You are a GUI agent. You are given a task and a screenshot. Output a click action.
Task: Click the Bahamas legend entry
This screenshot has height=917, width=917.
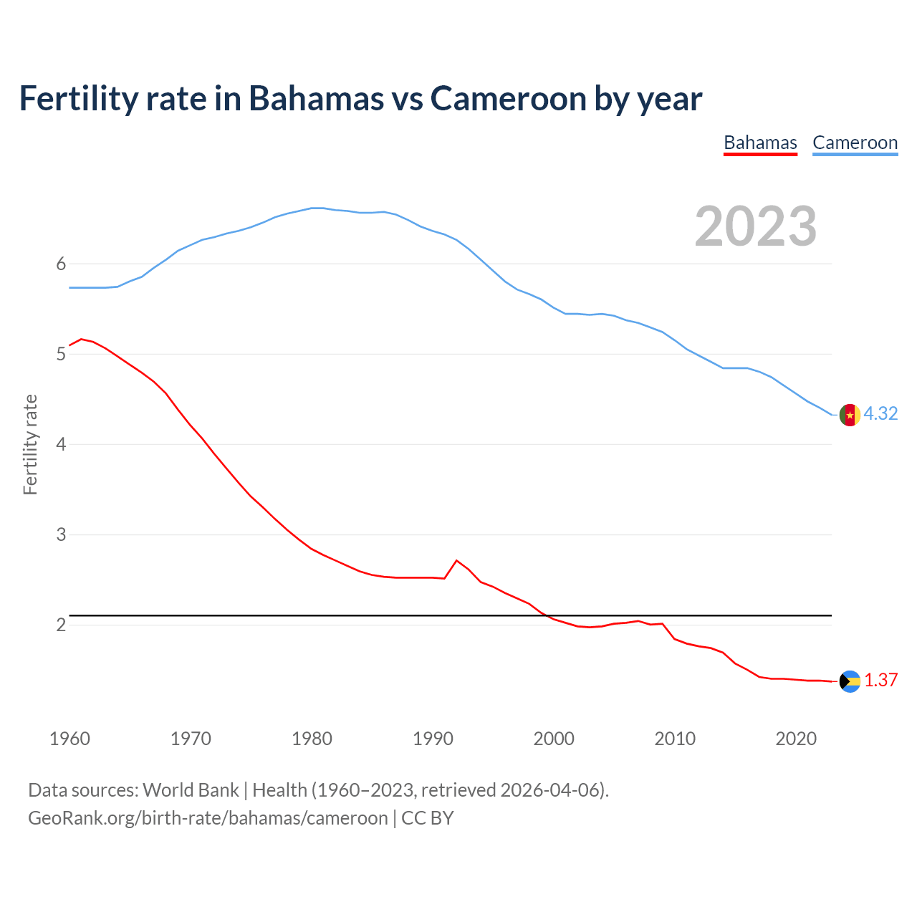[x=760, y=143]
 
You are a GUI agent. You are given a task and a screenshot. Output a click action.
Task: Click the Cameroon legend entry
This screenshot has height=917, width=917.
[x=855, y=143]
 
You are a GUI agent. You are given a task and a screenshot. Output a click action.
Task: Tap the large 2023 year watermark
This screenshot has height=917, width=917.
[x=756, y=226]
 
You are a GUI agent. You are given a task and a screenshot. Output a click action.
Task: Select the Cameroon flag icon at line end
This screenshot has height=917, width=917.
[x=850, y=415]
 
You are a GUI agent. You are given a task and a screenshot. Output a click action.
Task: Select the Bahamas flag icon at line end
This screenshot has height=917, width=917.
[x=850, y=681]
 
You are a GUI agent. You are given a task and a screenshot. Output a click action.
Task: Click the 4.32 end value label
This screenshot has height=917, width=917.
[x=880, y=414]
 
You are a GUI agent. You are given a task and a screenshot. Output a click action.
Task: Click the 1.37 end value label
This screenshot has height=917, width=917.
[x=880, y=681]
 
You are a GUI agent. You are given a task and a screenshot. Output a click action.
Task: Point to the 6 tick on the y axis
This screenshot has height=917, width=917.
[x=61, y=264]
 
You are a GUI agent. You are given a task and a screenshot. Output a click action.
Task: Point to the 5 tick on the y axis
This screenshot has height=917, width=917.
[x=61, y=355]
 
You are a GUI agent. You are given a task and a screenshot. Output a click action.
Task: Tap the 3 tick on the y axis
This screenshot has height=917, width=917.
[x=61, y=535]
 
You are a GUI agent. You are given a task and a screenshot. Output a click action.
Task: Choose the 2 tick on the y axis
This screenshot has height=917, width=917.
[x=61, y=625]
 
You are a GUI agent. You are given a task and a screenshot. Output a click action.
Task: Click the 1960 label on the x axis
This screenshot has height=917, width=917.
[x=69, y=739]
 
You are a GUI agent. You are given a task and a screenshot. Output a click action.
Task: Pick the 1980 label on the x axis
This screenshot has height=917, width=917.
[x=312, y=739]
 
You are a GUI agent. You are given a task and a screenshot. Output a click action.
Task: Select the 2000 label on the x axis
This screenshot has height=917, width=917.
[x=554, y=739]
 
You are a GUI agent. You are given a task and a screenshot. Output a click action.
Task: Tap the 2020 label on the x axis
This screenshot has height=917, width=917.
[x=796, y=739]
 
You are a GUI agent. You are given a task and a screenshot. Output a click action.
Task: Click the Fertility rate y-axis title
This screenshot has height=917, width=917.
[x=30, y=444]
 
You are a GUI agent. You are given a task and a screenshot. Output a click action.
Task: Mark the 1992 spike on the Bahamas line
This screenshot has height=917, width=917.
[x=456, y=560]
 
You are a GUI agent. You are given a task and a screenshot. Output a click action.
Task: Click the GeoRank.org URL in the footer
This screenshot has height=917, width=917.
[x=208, y=818]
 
